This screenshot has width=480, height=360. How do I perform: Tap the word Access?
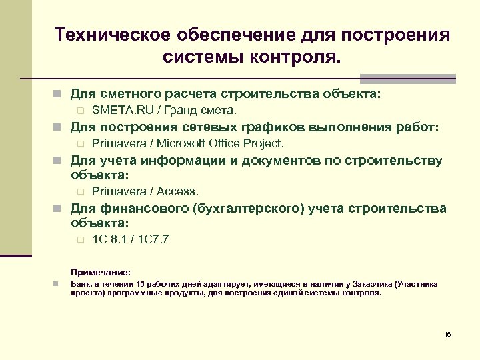(x=178, y=191)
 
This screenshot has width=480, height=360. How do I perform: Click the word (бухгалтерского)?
(x=249, y=208)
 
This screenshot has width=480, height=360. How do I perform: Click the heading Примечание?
(x=101, y=273)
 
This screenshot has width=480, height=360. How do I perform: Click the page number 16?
(x=447, y=333)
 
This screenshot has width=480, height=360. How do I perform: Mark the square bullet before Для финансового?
(x=59, y=209)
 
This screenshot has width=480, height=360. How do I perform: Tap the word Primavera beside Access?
(x=121, y=191)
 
